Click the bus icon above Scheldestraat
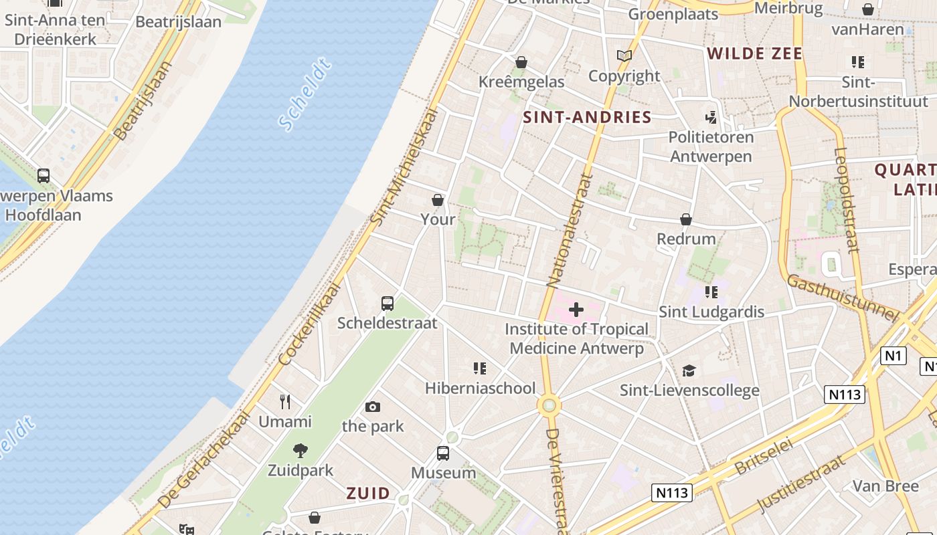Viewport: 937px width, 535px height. click(388, 303)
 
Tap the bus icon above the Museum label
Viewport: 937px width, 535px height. click(443, 453)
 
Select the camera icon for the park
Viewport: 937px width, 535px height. click(373, 407)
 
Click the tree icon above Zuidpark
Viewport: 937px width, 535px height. click(301, 451)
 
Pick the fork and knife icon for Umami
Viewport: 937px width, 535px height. click(285, 401)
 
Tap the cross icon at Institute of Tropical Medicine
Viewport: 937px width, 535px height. click(576, 309)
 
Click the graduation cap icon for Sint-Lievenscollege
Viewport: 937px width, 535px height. click(689, 370)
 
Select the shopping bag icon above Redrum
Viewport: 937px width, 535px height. click(686, 219)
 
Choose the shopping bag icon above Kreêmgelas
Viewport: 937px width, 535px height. click(521, 62)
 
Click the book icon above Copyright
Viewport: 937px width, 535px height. click(624, 56)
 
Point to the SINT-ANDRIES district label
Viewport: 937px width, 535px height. click(587, 117)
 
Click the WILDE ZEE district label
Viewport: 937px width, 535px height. click(754, 53)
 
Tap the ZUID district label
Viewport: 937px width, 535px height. click(368, 494)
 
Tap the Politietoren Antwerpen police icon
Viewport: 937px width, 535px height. click(711, 118)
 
